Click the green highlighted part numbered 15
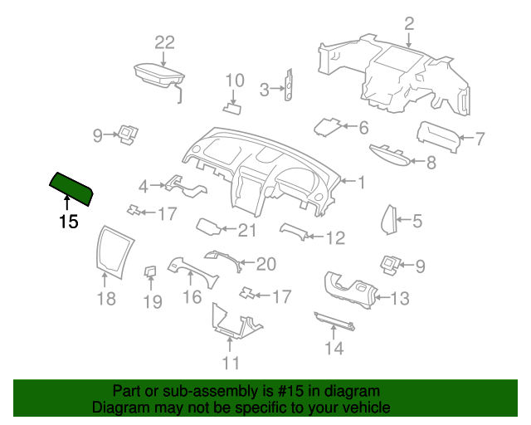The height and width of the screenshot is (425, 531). (71, 188)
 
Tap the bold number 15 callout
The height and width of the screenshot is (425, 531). (69, 222)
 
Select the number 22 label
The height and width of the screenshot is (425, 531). (164, 43)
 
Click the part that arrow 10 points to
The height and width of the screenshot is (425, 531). (232, 109)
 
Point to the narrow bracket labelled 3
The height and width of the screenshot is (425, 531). (290, 85)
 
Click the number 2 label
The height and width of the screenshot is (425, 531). (409, 24)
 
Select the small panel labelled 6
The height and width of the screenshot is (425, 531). (327, 127)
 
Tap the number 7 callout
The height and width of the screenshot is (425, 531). (480, 139)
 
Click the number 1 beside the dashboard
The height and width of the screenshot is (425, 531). (362, 183)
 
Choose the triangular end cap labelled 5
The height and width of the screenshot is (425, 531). (389, 220)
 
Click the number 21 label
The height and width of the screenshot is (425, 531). (247, 231)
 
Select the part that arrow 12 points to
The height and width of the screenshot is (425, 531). (293, 232)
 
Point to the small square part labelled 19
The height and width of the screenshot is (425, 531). (150, 271)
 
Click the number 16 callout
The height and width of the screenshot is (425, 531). (192, 297)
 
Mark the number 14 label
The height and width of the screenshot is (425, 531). (334, 348)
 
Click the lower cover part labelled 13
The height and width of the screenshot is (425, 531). (350, 291)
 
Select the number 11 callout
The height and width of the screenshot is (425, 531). (231, 363)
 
